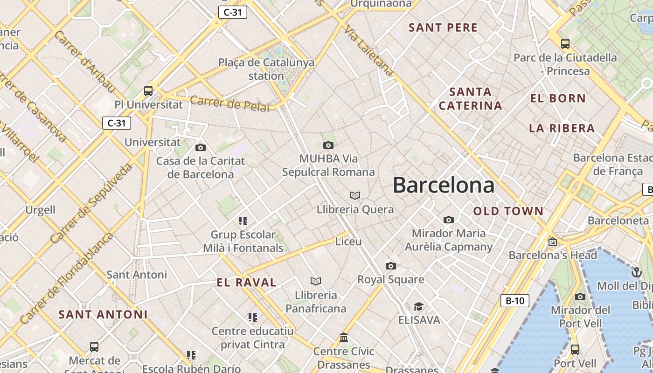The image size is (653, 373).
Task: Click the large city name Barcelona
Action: [x=443, y=185]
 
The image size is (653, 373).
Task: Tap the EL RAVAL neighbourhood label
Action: [x=247, y=282]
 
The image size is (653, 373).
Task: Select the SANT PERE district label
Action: [x=443, y=28]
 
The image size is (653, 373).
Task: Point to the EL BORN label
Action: [x=558, y=98]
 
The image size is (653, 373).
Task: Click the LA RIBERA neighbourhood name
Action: [x=562, y=128]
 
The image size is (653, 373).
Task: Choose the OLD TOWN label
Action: [x=508, y=211]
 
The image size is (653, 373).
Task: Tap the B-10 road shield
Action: [x=515, y=301]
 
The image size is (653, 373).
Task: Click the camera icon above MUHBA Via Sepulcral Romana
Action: [x=328, y=145]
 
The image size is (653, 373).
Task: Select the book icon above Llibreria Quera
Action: [x=355, y=195]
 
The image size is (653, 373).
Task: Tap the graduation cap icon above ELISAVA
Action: [x=418, y=306]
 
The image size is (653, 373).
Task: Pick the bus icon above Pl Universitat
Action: [x=148, y=90]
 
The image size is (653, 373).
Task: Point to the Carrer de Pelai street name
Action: [x=229, y=104]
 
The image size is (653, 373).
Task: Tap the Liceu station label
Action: [x=348, y=242]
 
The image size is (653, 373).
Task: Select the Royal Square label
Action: [x=391, y=279]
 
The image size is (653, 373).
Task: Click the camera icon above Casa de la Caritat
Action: [x=201, y=147]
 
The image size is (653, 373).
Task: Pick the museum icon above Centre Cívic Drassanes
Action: [x=344, y=337]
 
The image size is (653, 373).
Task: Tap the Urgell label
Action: [x=40, y=210]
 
